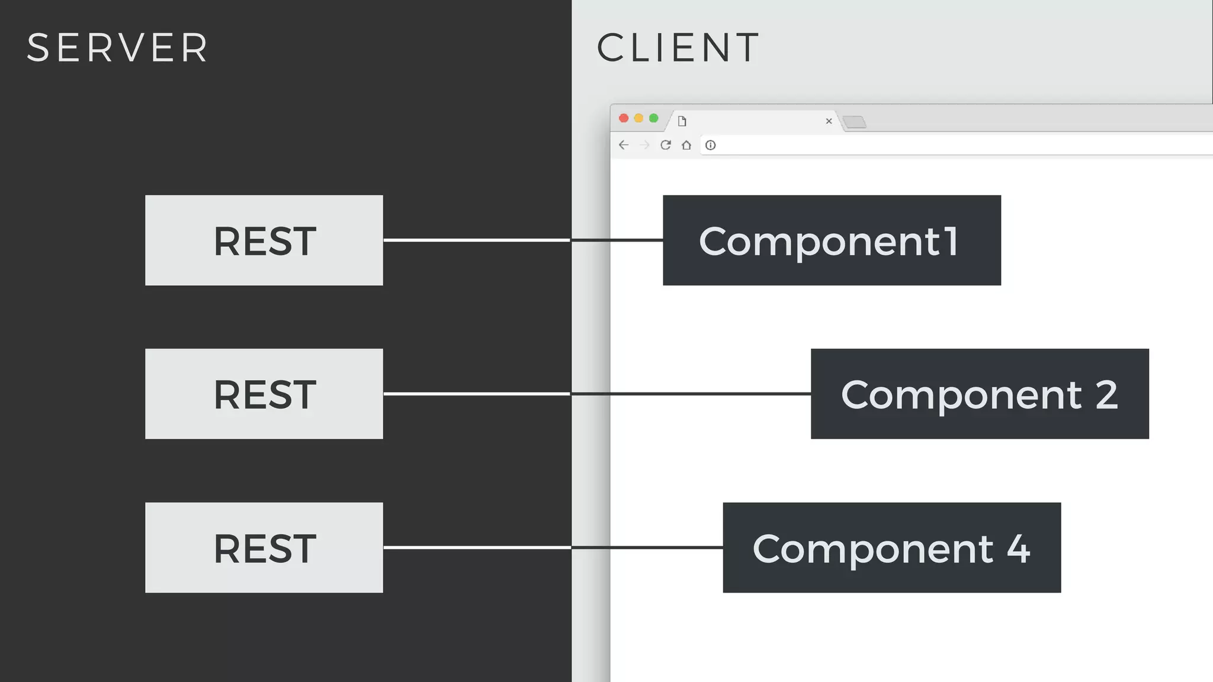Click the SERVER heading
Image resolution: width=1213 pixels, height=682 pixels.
117,47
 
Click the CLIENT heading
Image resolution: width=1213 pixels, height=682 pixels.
678,47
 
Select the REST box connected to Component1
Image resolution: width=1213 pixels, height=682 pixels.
264,240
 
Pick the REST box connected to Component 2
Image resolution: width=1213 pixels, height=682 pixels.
264,394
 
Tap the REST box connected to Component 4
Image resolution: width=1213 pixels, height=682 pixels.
264,548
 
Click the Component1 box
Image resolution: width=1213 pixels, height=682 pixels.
832,240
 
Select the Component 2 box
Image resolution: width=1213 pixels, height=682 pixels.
980,394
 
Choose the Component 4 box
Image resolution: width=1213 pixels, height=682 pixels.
891,548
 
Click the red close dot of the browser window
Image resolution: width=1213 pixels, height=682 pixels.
624,118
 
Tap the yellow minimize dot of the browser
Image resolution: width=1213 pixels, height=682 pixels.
638,118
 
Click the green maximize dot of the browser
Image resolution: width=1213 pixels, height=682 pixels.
654,118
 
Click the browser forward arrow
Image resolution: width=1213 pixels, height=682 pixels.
645,145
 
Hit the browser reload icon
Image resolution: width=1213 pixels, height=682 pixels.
666,145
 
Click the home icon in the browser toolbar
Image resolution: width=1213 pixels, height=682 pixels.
686,145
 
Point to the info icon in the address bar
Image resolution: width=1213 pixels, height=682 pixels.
711,145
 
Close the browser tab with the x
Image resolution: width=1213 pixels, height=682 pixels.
829,121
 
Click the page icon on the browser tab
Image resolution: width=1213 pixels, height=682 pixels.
682,121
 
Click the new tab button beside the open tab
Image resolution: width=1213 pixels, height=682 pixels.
855,122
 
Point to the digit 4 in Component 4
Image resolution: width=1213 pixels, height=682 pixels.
1019,549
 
